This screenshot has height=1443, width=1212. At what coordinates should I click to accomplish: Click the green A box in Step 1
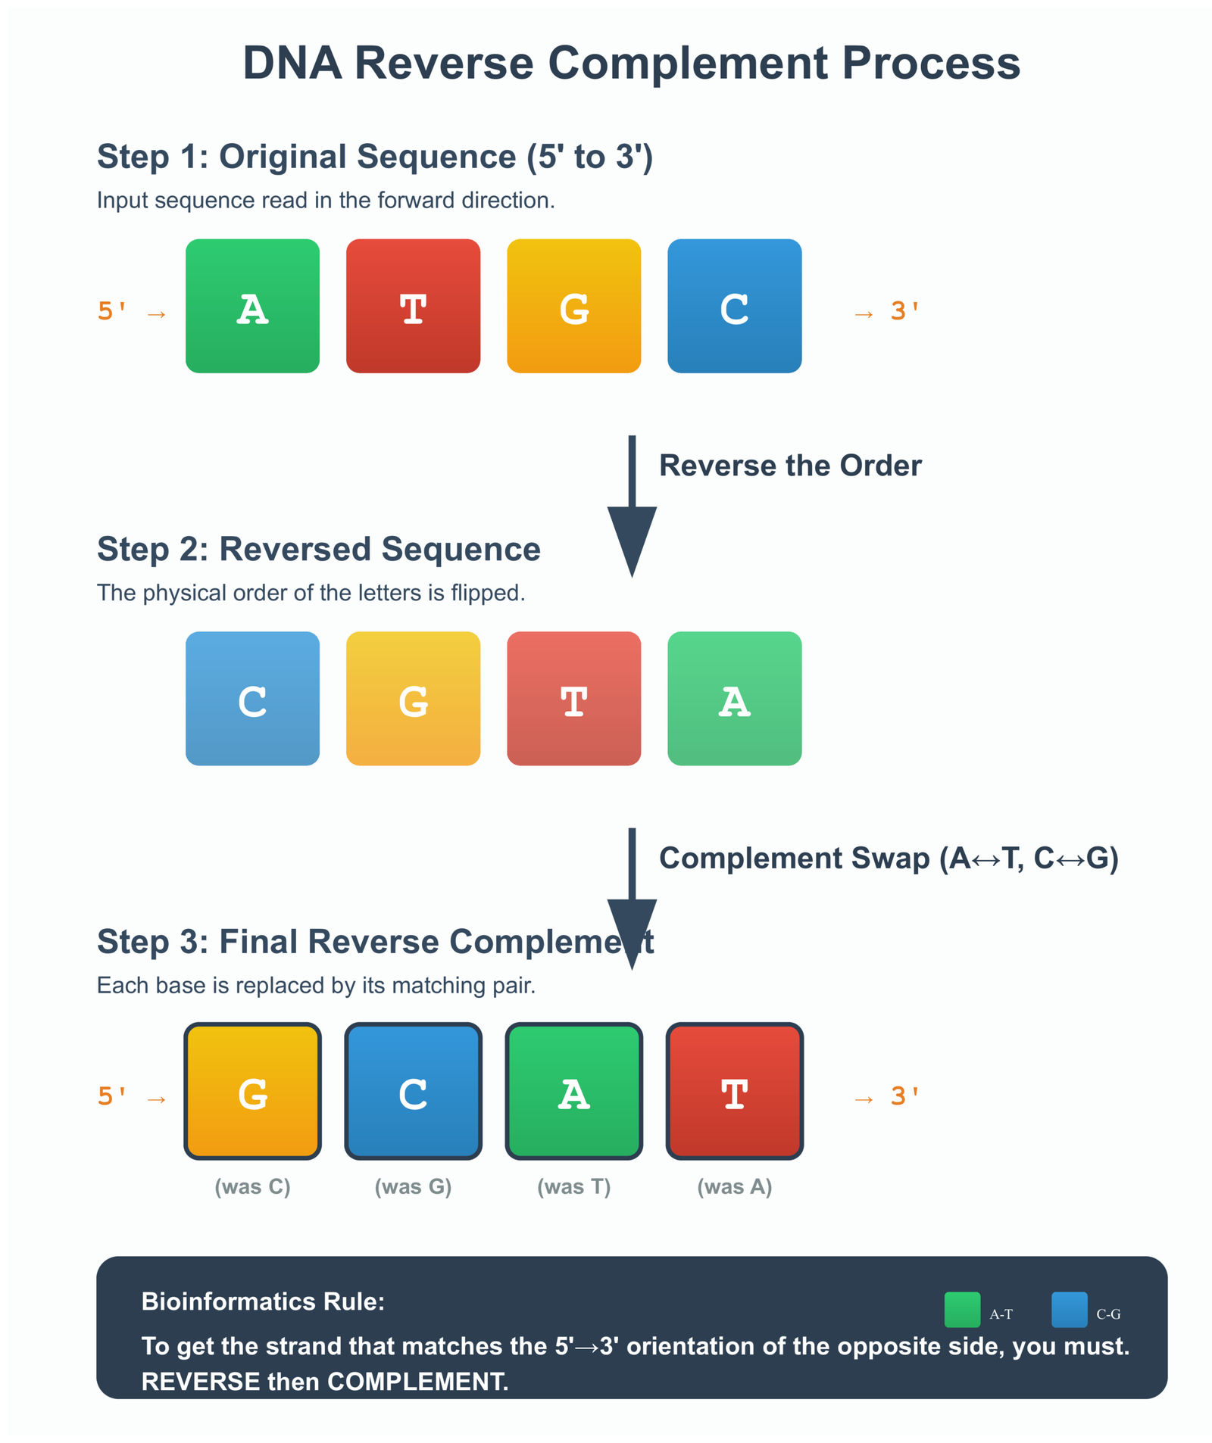pos(252,306)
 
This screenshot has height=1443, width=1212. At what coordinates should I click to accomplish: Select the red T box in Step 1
pos(413,306)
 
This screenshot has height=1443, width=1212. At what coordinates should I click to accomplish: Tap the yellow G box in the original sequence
pos(573,306)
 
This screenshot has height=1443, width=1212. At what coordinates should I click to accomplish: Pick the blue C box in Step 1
pos(734,306)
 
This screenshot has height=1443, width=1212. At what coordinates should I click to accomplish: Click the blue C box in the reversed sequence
pos(252,698)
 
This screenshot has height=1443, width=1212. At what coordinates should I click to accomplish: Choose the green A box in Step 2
pos(734,698)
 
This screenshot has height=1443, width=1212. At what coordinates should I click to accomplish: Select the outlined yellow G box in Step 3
pos(252,1091)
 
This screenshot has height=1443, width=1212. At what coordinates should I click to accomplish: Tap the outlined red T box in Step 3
pos(734,1091)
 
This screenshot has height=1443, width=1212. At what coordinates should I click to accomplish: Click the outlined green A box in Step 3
pos(573,1091)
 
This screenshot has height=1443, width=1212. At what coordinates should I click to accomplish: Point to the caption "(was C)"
pos(252,1186)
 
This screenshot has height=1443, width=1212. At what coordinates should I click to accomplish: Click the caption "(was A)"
pos(734,1186)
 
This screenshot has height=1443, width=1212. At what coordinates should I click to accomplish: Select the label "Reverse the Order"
pos(790,466)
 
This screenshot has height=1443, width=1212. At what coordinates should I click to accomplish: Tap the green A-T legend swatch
pos(961,1310)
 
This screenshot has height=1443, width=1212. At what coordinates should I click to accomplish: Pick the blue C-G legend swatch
pos(1069,1310)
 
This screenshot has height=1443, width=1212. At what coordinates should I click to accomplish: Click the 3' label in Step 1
pos(904,310)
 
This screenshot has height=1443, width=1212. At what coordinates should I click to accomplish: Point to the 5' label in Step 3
pos(111,1095)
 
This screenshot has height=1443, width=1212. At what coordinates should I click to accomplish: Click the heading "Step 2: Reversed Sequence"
pos(318,549)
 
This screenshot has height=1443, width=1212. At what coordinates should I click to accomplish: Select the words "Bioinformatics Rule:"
pos(263,1301)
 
